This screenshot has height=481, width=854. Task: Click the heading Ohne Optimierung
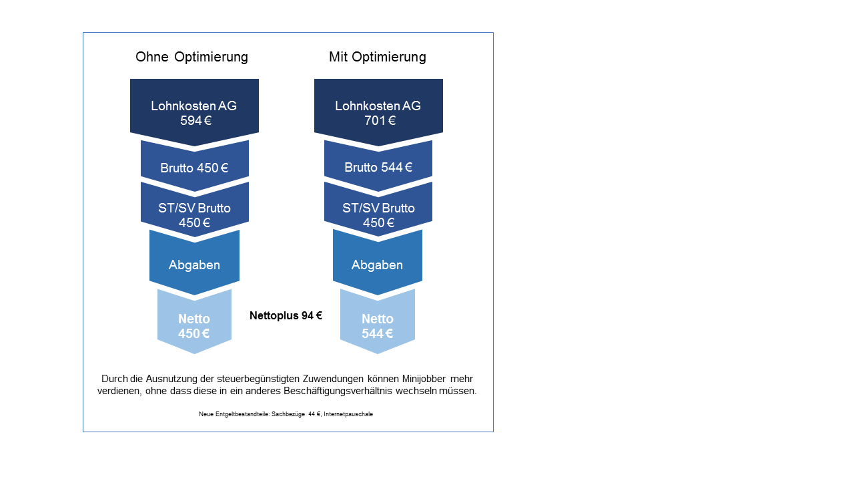(x=191, y=57)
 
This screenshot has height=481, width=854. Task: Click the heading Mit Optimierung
(x=377, y=57)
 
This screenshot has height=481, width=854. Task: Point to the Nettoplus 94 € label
(x=286, y=315)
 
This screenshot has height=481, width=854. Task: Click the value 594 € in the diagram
(x=195, y=121)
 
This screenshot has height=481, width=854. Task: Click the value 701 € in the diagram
(x=380, y=121)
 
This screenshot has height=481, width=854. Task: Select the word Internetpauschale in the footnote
(x=348, y=414)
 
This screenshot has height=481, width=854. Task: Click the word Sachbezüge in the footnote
(x=288, y=414)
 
